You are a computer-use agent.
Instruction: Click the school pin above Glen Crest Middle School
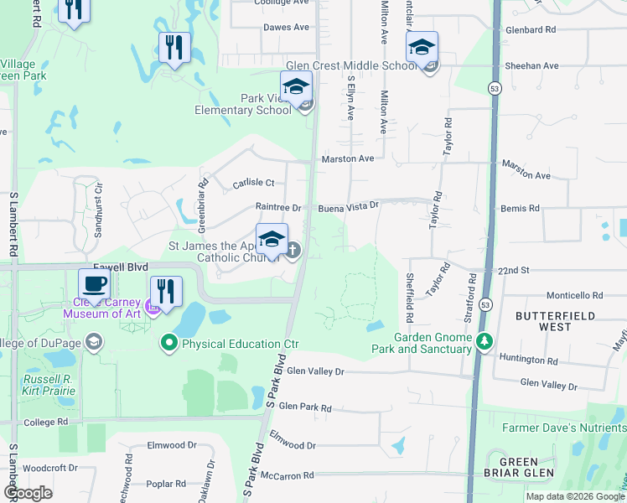click(x=422, y=47)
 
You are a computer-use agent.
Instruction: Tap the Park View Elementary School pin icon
click(x=296, y=86)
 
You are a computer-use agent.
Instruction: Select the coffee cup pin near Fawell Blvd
click(x=94, y=284)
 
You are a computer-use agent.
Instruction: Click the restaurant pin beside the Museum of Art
click(x=166, y=292)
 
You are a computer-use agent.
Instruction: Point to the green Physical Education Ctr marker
click(x=169, y=343)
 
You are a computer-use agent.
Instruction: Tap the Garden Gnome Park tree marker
click(x=484, y=342)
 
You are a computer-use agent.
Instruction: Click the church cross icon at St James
click(x=293, y=250)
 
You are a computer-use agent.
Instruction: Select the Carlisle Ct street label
click(x=253, y=183)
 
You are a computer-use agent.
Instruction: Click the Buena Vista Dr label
click(x=349, y=205)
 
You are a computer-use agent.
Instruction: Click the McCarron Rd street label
click(x=287, y=475)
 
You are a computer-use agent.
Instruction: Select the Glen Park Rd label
click(x=304, y=407)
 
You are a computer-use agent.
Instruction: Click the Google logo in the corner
click(x=28, y=493)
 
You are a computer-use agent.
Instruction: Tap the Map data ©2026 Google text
click(x=575, y=496)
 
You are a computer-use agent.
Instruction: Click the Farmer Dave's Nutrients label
click(x=563, y=428)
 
